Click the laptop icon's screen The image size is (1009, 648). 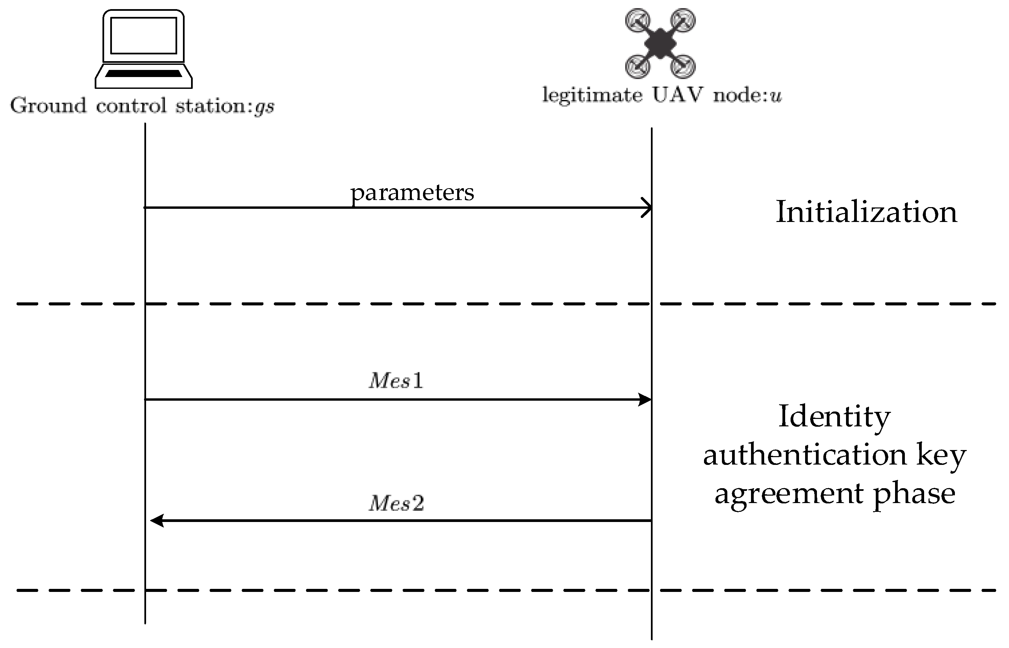tap(143, 36)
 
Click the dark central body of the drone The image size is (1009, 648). tap(660, 43)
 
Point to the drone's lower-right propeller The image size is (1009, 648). tap(682, 66)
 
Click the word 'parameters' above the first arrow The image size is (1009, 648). tap(412, 193)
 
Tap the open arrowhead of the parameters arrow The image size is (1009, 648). tap(647, 207)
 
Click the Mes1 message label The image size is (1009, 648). tap(396, 381)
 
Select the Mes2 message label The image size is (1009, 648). tap(396, 503)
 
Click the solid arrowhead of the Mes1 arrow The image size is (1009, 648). tap(644, 399)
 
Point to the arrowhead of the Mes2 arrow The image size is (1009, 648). tap(157, 521)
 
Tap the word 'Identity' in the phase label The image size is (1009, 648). tap(834, 417)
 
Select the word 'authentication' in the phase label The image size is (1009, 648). tap(805, 455)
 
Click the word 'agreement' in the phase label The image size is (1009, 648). tap(789, 494)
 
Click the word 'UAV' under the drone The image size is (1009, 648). tap(678, 95)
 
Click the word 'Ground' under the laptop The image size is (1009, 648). tap(48, 105)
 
